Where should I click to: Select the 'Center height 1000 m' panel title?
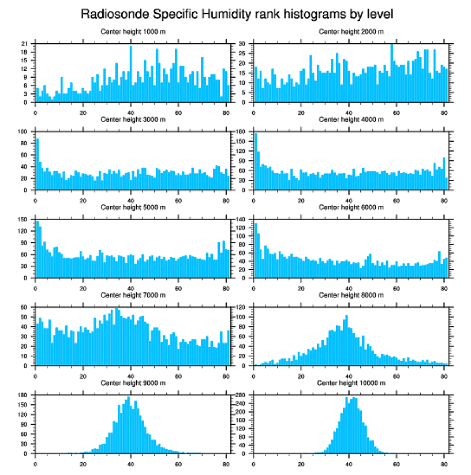pos(133,32)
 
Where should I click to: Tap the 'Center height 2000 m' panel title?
pos(351,32)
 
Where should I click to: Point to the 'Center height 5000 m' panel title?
pos(133,208)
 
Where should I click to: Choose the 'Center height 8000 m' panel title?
pos(351,295)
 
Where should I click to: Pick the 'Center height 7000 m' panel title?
pos(133,295)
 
